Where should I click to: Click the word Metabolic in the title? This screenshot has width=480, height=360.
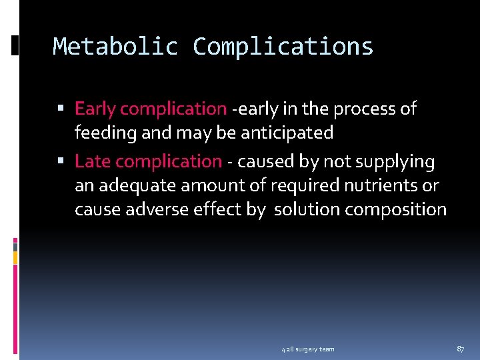[x=115, y=47]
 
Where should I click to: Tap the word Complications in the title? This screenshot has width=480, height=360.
[x=283, y=47]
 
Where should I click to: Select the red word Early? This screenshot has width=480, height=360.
[x=95, y=109]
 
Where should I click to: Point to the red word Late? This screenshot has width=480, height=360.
[x=92, y=161]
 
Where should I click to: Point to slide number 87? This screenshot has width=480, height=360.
[x=460, y=349]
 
